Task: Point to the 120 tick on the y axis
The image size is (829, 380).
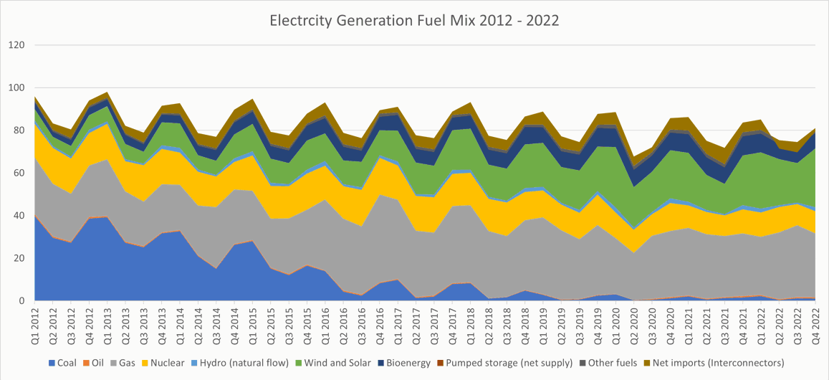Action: [x=16, y=45]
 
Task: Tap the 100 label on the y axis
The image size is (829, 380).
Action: [x=16, y=88]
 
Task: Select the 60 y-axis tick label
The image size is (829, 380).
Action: [x=19, y=174]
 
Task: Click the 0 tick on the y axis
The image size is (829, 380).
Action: [x=22, y=301]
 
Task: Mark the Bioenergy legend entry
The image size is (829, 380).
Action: [x=409, y=363]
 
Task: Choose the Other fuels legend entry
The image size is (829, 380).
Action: [x=609, y=363]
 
